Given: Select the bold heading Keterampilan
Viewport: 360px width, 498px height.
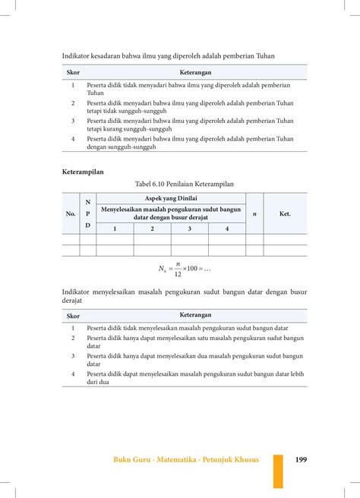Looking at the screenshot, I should (x=83, y=172).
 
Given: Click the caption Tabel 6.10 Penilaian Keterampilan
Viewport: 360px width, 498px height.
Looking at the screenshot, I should (x=185, y=184).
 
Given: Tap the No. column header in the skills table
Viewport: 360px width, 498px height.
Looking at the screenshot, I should (x=71, y=213).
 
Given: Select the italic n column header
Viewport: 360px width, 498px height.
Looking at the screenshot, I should (x=254, y=213).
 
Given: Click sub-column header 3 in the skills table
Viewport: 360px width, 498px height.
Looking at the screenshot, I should (x=189, y=229).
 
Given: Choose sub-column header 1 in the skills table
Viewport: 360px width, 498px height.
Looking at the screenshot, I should (x=115, y=229).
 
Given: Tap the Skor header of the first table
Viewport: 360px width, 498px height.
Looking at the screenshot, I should (x=74, y=72).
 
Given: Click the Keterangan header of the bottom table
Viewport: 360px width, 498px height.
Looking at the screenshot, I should (x=196, y=314).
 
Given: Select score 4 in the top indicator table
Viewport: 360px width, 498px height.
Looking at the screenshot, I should (x=73, y=138).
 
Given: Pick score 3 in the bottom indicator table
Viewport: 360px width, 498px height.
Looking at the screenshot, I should (x=73, y=355).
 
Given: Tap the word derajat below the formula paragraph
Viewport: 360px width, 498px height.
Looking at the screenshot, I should (x=74, y=301).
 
